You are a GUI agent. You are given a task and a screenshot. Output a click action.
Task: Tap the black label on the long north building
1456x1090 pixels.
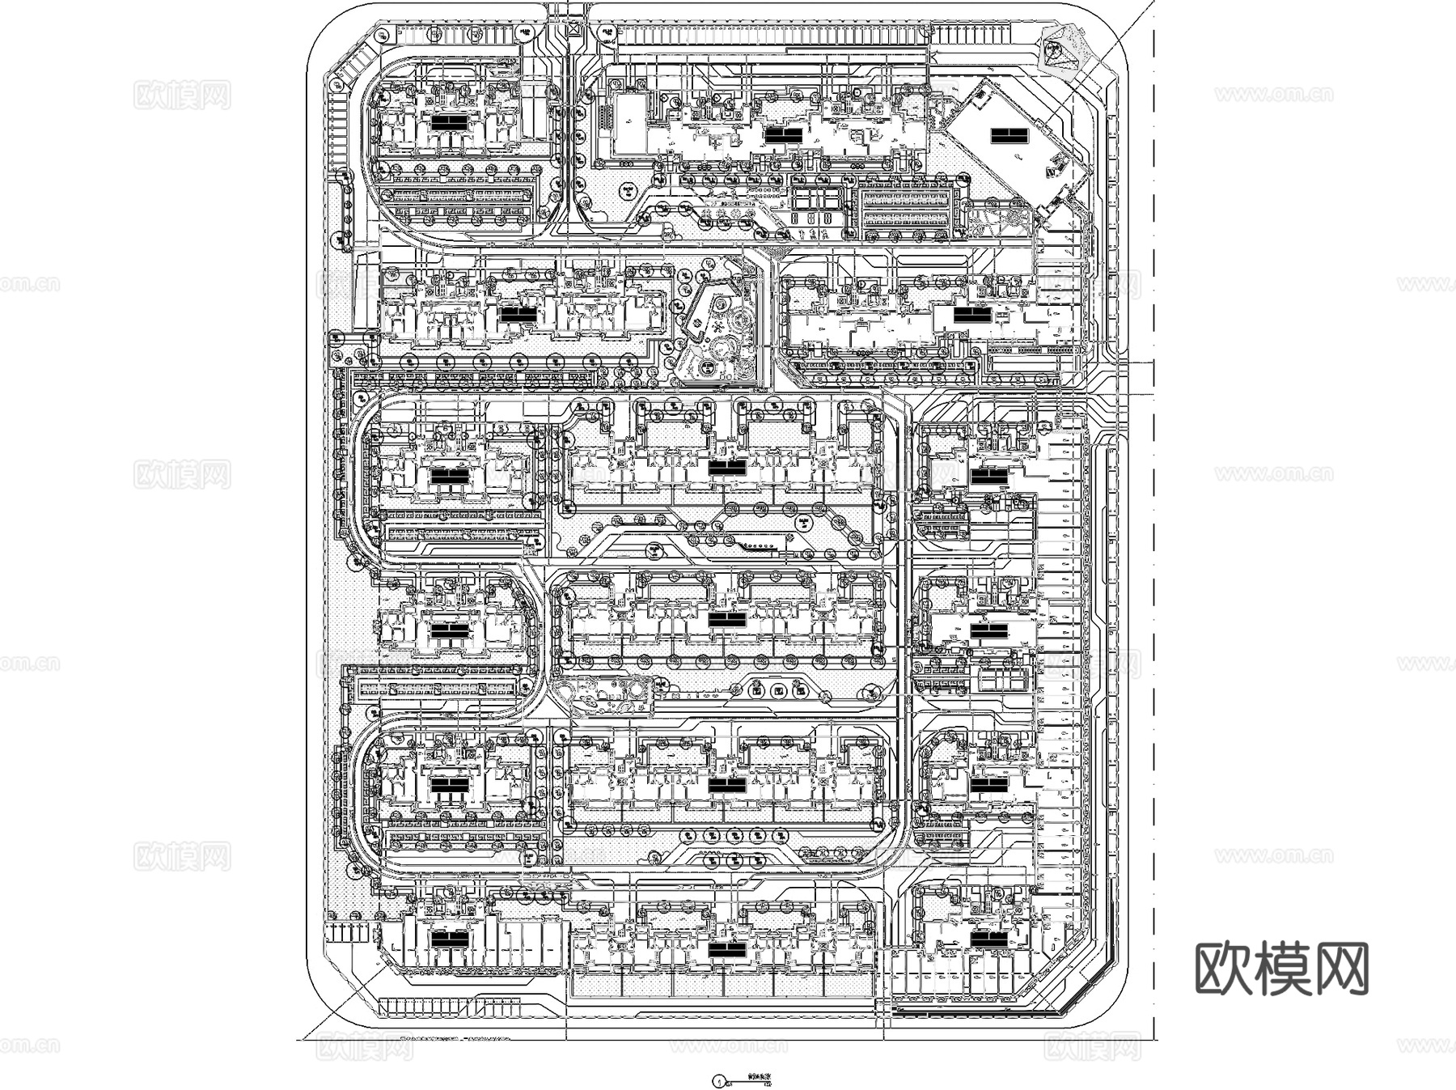[782, 136]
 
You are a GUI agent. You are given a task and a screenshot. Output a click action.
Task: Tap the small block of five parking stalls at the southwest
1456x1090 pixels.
[349, 931]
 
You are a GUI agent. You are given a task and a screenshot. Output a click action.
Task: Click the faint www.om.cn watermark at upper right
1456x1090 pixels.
[1272, 95]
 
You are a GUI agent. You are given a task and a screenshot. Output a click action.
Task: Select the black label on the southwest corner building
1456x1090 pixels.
[450, 939]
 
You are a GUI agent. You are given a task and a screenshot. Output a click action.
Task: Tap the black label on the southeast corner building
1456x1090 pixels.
[988, 939]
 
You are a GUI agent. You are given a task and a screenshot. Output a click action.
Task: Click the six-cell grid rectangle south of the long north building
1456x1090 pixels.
[819, 200]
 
